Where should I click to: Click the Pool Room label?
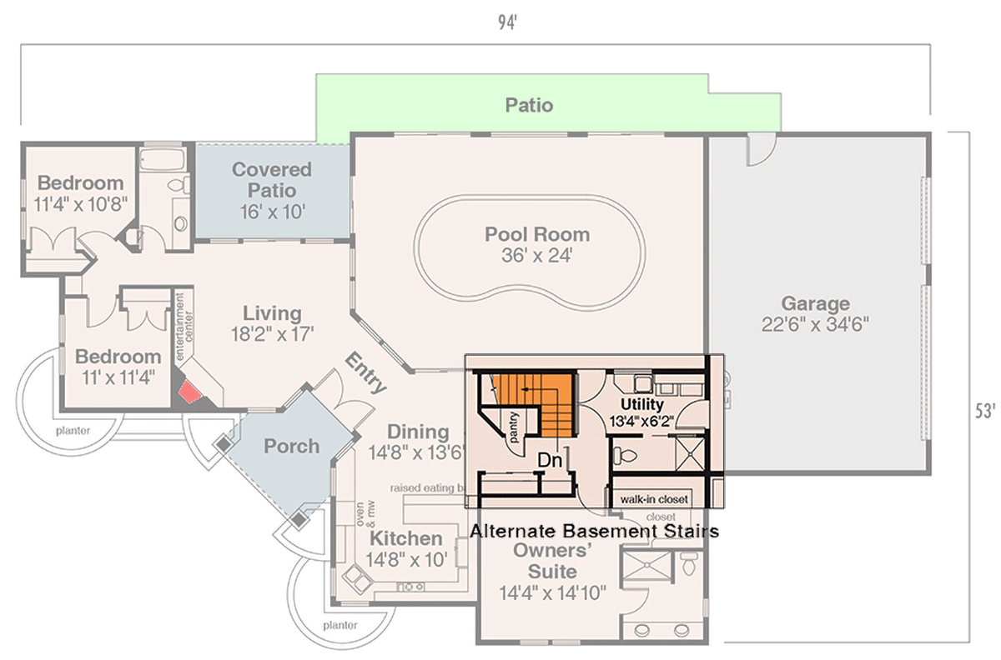click(x=537, y=234)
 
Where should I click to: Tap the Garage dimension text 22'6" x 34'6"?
click(x=814, y=325)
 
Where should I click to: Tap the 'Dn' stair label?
click(x=548, y=460)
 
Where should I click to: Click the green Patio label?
click(x=529, y=106)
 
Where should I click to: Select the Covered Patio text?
click(x=271, y=180)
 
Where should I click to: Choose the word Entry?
click(x=365, y=374)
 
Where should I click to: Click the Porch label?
click(x=291, y=447)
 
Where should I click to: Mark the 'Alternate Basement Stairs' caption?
click(x=595, y=530)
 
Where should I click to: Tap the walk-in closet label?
click(x=654, y=500)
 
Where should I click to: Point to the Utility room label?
click(x=641, y=404)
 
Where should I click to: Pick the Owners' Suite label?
click(x=553, y=562)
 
